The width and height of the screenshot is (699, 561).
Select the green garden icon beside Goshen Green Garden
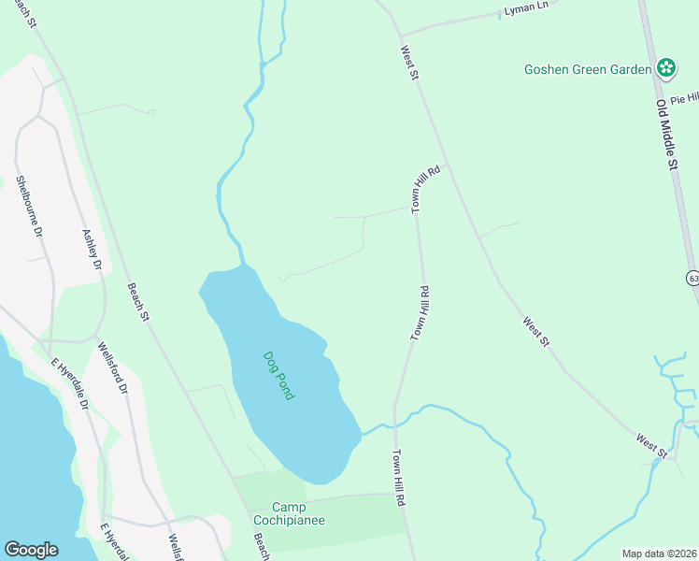click(x=665, y=67)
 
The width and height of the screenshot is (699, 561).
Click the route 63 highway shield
click(x=692, y=278)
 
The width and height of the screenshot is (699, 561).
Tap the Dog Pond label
click(x=278, y=375)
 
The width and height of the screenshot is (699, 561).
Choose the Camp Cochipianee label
click(x=289, y=513)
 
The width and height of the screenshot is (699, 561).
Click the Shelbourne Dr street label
click(x=27, y=205)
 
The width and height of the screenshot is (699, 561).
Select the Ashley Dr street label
click(x=92, y=250)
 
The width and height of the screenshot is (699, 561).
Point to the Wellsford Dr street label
click(x=110, y=367)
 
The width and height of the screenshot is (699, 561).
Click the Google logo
click(x=31, y=549)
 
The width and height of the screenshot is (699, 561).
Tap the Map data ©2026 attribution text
click(x=659, y=554)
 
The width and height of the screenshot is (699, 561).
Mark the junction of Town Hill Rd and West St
click(x=448, y=164)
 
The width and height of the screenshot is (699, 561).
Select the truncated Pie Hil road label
click(x=683, y=97)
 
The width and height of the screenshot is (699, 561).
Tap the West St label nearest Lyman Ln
click(x=407, y=63)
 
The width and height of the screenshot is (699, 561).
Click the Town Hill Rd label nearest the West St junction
click(x=426, y=190)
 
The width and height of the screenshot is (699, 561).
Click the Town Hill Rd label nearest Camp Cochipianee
click(x=398, y=478)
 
